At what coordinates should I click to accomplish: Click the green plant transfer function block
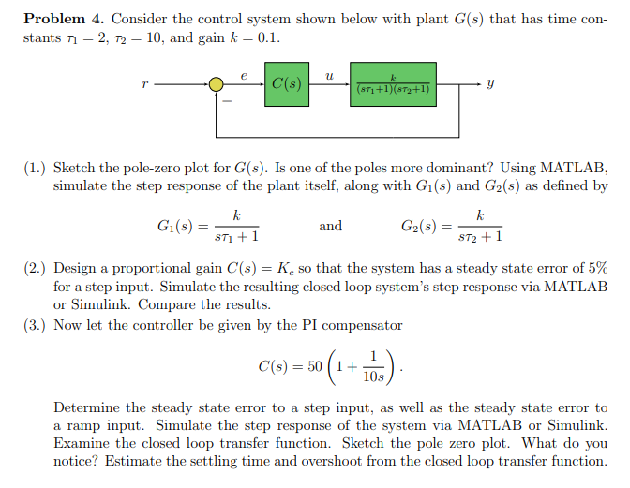coord(394,83)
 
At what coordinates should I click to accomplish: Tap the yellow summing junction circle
coord(217,84)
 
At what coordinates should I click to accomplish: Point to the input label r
coord(144,84)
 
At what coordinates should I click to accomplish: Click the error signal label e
coord(243,71)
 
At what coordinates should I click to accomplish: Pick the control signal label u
coord(329,71)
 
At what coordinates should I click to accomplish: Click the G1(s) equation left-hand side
coord(176,226)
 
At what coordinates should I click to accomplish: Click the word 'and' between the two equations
coord(331,226)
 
